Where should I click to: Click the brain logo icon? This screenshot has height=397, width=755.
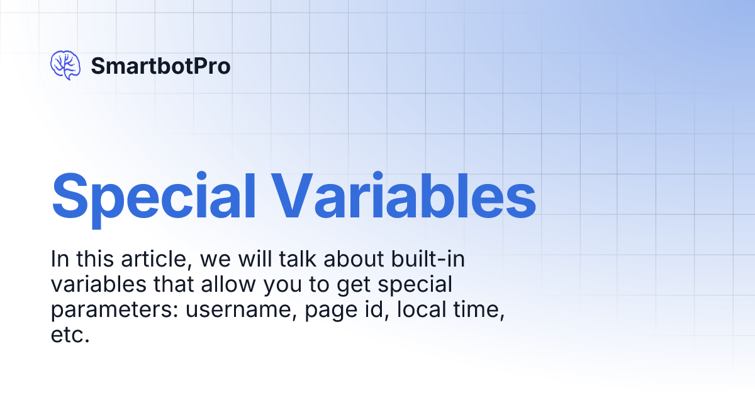point(65,66)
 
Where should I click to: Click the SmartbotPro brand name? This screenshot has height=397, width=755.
point(161,66)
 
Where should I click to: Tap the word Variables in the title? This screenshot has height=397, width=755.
point(404,196)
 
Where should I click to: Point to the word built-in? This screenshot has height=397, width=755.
point(428,259)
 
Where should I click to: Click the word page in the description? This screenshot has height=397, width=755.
point(331,311)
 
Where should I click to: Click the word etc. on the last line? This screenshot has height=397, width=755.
point(70,335)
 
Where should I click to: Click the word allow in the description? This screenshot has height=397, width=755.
point(228,284)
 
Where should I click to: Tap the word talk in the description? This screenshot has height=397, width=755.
point(298,259)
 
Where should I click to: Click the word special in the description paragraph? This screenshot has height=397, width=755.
point(415,285)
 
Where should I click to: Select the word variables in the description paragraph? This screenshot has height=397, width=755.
point(99,284)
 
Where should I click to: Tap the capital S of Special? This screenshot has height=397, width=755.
point(70,196)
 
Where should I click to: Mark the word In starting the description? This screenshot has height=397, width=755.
point(60,259)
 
